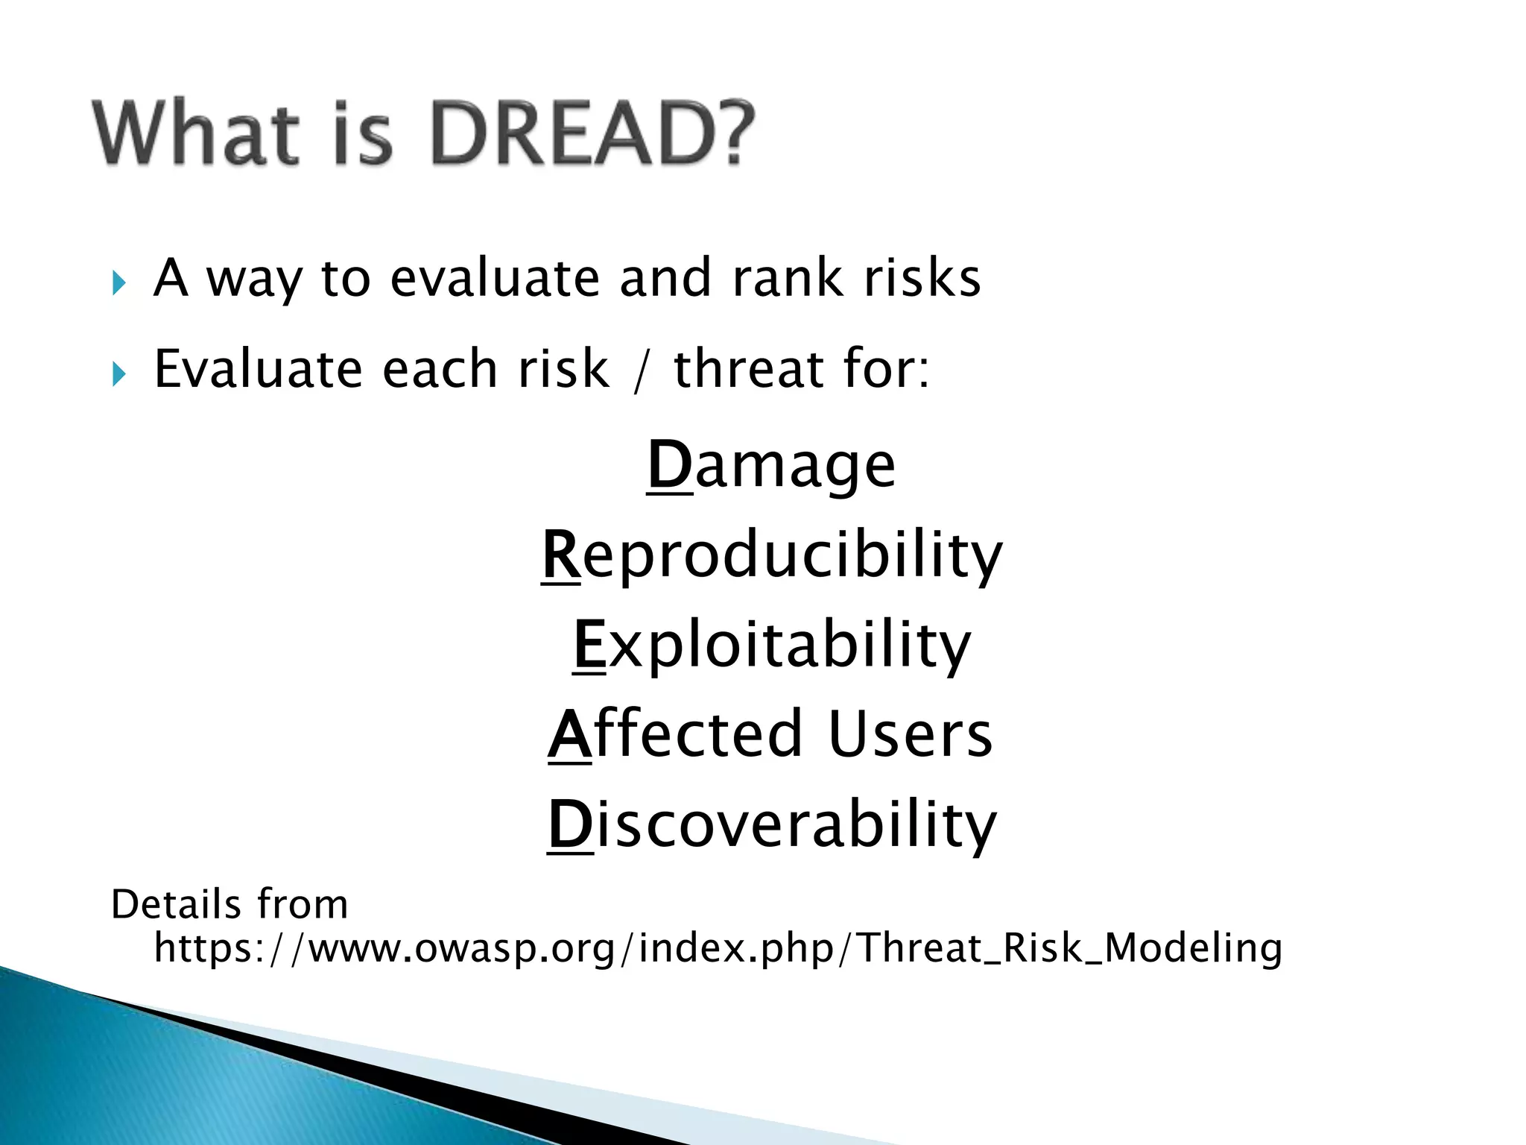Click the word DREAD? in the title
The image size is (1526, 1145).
[592, 134]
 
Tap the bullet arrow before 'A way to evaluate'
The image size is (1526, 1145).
[118, 283]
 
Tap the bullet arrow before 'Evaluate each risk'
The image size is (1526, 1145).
[118, 374]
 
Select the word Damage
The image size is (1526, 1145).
[771, 466]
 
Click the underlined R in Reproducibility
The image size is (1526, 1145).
[560, 555]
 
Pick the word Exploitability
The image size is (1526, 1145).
[771, 646]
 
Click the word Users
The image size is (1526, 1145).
[910, 735]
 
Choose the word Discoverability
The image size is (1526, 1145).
[771, 825]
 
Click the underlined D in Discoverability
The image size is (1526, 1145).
[570, 825]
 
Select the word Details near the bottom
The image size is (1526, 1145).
[176, 905]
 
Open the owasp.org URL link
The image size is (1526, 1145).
[718, 949]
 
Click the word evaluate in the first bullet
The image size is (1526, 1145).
[495, 279]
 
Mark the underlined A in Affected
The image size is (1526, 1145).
[569, 735]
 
